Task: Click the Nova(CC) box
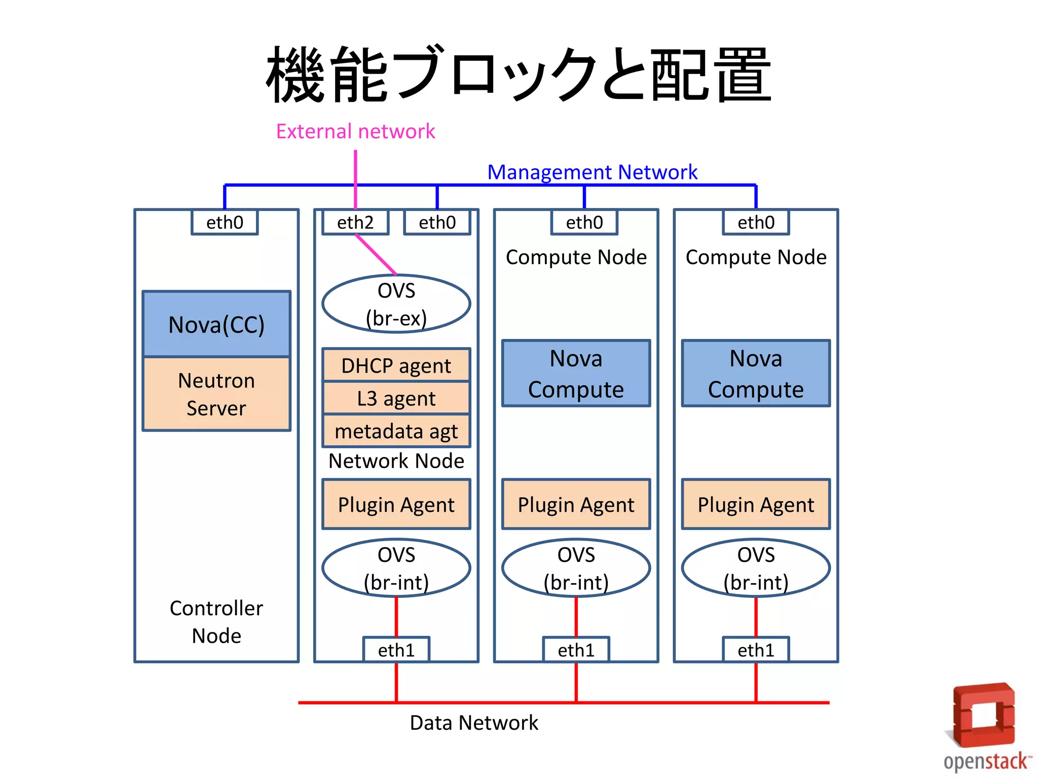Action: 216,324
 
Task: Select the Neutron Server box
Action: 216,394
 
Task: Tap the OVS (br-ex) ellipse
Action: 396,304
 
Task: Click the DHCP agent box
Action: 396,365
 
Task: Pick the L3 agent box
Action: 396,398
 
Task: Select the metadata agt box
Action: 396,431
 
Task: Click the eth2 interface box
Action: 355,223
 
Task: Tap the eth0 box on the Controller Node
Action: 225,223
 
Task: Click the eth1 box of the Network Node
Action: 396,650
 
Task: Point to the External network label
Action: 355,131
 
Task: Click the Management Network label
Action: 592,172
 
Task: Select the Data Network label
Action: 474,723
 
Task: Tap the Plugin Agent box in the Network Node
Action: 396,505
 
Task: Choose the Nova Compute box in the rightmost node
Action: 756,373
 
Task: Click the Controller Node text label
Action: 216,622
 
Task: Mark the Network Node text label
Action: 396,461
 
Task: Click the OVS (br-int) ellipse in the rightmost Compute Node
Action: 756,568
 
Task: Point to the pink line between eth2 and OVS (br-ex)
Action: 376,255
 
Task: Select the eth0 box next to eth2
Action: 437,223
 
